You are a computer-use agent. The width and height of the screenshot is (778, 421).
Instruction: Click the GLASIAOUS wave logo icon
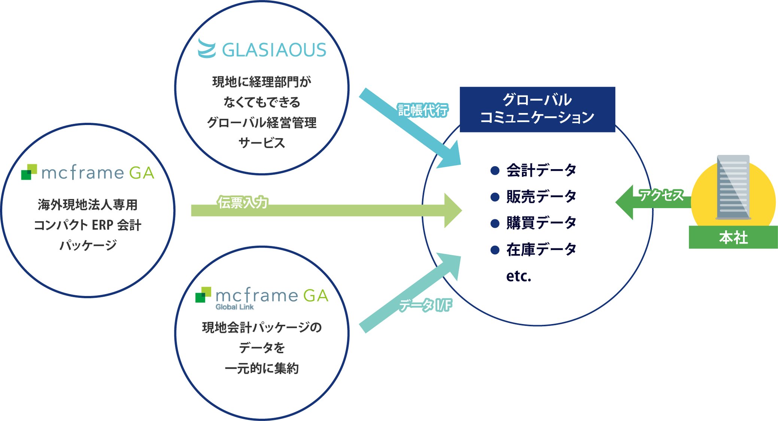pos(207,49)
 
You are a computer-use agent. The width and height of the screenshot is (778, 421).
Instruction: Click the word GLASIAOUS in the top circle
pos(274,50)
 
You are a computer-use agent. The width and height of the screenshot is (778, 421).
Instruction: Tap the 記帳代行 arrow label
pos(422,110)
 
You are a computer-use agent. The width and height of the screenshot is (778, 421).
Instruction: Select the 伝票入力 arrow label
pos(243,202)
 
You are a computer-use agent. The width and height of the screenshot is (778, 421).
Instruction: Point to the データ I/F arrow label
pos(425,305)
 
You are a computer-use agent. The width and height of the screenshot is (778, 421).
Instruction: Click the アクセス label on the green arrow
pos(661,195)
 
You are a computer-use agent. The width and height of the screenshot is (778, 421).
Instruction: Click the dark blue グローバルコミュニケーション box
pos(537,109)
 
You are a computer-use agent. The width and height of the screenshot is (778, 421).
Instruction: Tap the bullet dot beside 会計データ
pos(495,171)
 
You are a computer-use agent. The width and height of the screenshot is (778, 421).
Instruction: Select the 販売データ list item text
pos(541,196)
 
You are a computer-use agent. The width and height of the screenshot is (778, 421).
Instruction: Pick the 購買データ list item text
pos(541,223)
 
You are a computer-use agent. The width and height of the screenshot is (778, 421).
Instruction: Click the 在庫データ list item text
pos(541,249)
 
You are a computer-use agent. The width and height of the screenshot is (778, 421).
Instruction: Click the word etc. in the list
pos(519,276)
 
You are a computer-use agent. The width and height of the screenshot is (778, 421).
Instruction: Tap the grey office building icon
pos(733,187)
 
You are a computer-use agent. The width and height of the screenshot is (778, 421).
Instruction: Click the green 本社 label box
pos(733,237)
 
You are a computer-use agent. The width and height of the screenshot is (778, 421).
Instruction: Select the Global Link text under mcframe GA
pos(235,307)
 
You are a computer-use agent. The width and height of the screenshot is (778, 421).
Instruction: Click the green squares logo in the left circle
pos(29,172)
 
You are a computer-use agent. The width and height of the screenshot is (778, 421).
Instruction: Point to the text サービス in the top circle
pos(262,143)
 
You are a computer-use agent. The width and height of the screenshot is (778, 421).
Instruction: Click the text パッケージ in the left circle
pos(88,245)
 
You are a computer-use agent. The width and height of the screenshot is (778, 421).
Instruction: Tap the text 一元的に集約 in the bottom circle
pos(262,368)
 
